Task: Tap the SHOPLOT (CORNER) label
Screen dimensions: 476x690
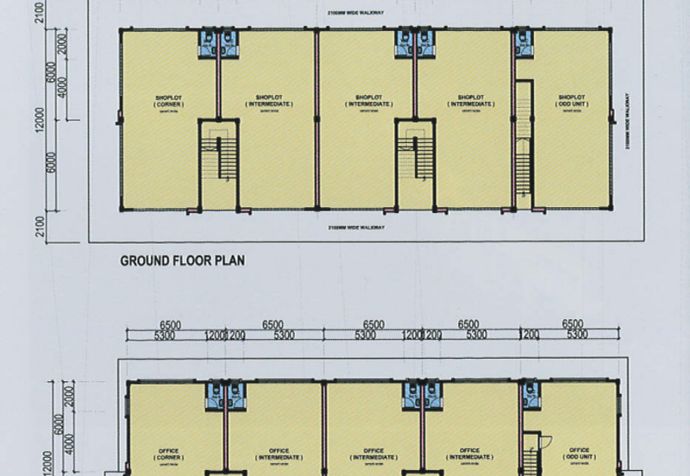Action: (x=168, y=102)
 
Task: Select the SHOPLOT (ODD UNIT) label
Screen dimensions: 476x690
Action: (x=573, y=102)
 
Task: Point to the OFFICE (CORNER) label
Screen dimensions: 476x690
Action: (x=168, y=453)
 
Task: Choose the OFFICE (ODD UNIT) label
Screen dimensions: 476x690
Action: (x=579, y=453)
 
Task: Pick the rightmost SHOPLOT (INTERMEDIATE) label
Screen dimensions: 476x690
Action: (x=471, y=102)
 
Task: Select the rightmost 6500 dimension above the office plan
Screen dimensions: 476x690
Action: (x=573, y=324)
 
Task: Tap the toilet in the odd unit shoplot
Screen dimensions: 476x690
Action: (x=523, y=44)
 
